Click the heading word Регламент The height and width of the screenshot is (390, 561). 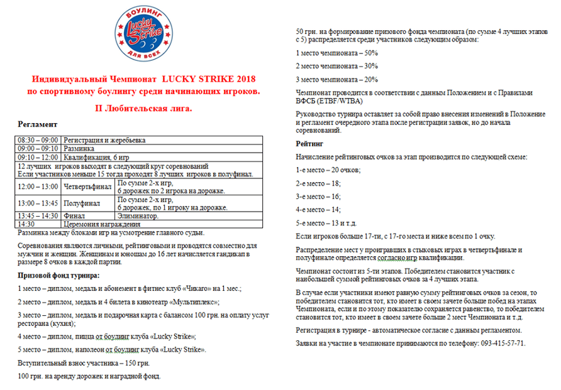[x=38, y=125]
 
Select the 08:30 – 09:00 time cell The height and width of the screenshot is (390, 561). [x=38, y=139]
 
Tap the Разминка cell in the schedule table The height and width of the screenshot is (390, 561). [x=78, y=148]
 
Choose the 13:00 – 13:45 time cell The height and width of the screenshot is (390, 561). [x=38, y=203]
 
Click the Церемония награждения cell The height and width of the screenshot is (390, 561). [x=99, y=224]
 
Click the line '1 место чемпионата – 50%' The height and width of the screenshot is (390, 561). [x=336, y=53]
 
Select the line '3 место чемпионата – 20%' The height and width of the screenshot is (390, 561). [x=336, y=80]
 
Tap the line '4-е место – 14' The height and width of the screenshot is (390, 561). [x=318, y=209]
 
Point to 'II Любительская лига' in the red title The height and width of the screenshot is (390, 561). [x=143, y=108]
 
